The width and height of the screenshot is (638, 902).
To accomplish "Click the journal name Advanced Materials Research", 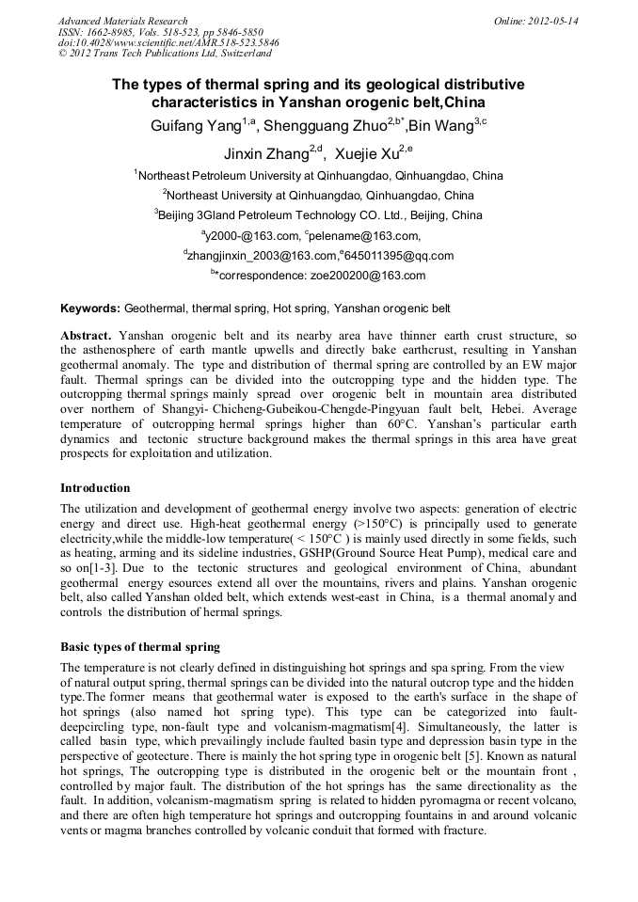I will coord(122,21).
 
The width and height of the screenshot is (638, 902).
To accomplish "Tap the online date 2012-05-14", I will coord(554,21).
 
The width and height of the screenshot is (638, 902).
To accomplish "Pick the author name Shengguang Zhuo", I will coord(321,125).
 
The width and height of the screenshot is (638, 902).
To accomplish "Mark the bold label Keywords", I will coord(90,309).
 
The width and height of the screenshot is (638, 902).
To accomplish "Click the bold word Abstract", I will coord(87,336).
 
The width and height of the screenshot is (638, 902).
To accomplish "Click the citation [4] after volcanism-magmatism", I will coord(399,727).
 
